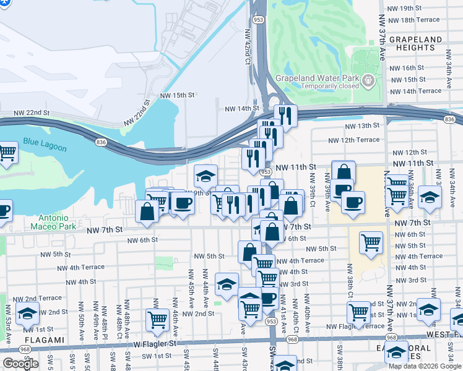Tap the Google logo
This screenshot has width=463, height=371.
[20, 364]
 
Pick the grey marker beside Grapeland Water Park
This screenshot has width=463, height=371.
[368, 80]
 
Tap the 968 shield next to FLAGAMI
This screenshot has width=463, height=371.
[24, 349]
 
